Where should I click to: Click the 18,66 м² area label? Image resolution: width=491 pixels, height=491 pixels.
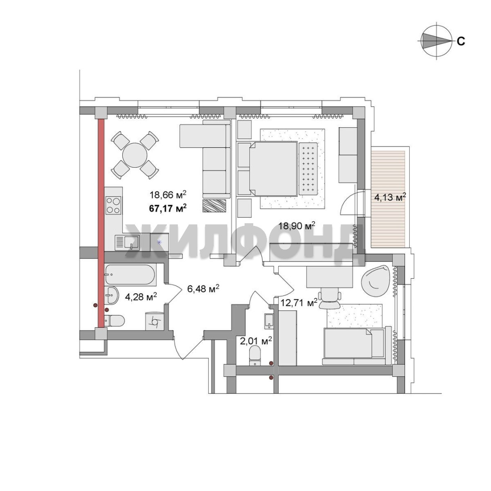click(x=168, y=195)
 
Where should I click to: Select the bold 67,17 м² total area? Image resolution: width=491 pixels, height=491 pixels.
click(x=168, y=208)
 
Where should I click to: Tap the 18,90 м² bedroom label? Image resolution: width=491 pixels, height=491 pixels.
click(x=297, y=225)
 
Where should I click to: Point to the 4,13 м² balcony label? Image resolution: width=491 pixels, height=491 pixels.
click(x=390, y=197)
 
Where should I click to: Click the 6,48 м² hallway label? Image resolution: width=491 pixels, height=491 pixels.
click(x=203, y=288)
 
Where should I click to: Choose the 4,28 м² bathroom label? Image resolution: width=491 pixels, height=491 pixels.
click(x=141, y=296)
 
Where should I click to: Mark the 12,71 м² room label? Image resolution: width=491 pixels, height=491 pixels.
click(x=299, y=303)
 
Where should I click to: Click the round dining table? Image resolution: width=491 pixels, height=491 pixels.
click(x=135, y=155)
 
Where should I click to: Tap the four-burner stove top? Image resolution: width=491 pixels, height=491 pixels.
click(x=113, y=205)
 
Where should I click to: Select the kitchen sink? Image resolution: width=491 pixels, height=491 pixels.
click(x=127, y=243)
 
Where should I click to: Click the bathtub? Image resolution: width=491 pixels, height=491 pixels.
click(x=130, y=275)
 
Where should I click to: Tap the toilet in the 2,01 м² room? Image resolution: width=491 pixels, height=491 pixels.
click(x=255, y=357)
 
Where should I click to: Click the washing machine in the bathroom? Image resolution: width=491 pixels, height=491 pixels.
click(x=155, y=321)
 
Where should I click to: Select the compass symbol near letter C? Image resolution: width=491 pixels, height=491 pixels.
click(x=437, y=41)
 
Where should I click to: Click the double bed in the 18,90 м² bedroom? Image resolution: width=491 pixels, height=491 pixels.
click(x=273, y=169)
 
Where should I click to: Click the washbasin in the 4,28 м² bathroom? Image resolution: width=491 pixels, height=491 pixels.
click(x=111, y=295)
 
